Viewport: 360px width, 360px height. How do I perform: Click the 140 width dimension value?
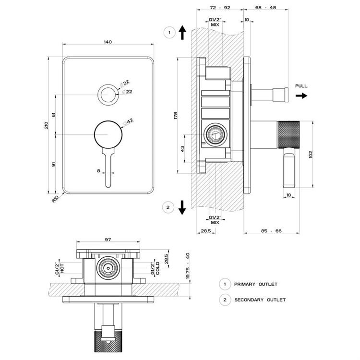(x=108, y=42)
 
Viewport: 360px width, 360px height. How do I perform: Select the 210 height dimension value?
(x=46, y=125)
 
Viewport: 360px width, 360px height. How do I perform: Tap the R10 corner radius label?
(x=56, y=197)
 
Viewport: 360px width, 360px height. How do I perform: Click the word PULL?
(x=301, y=86)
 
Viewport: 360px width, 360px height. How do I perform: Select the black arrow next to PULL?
(x=301, y=96)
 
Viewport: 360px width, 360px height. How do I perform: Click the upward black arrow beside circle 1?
(x=182, y=33)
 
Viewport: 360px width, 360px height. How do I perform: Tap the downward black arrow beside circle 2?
(x=182, y=208)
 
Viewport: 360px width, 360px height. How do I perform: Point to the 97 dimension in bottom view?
(x=108, y=240)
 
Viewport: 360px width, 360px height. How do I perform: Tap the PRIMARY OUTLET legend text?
(x=256, y=284)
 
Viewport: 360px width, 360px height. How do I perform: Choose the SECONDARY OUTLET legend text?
(x=260, y=300)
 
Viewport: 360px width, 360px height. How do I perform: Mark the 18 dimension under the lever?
(x=288, y=195)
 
